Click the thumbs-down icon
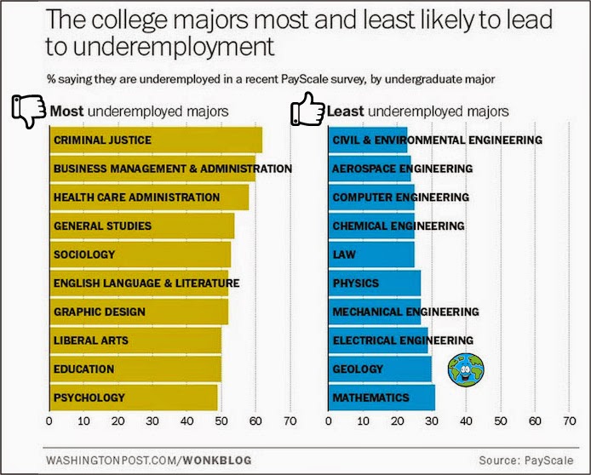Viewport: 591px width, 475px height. point(28,112)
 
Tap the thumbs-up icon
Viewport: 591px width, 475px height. point(308,110)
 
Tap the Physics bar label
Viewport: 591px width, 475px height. point(356,283)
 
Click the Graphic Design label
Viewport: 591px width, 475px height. point(99,312)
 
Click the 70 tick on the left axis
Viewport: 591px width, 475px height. point(290,421)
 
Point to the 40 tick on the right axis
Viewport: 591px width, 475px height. point(466,421)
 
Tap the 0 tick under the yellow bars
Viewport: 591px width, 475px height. point(49,421)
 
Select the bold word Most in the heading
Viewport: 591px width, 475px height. point(67,111)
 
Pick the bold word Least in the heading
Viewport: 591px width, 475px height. point(346,111)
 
